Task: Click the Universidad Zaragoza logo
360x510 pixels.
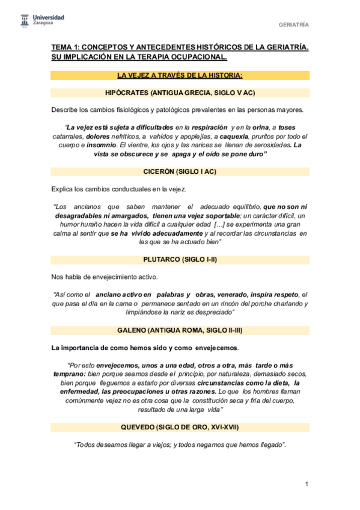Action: (42, 21)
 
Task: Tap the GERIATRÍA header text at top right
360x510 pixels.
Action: (293, 25)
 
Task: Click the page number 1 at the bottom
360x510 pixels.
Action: (307, 485)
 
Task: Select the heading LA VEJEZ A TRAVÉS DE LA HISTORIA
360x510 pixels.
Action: (180, 75)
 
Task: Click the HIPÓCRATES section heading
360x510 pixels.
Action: (180, 93)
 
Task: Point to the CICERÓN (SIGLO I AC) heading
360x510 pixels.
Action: (180, 171)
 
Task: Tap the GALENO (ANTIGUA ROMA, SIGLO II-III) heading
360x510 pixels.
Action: (180, 330)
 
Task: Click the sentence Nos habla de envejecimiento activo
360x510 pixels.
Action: (105, 277)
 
